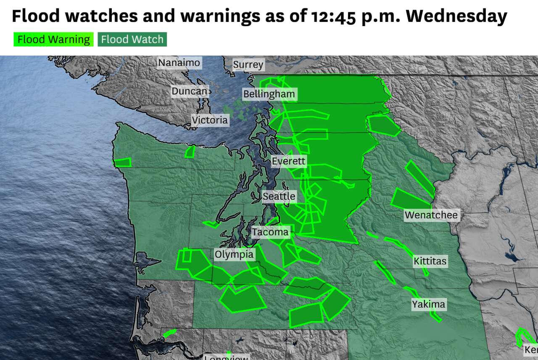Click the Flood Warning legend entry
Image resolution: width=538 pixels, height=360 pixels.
[x=53, y=40]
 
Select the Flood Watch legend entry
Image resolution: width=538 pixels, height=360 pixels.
[x=132, y=40]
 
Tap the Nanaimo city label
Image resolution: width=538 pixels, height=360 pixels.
[x=179, y=63]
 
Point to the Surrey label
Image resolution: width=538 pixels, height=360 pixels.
[x=248, y=65]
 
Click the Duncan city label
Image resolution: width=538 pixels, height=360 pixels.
[x=190, y=91]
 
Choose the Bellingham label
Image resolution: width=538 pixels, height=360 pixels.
[x=269, y=94]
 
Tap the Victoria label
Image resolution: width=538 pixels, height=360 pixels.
[x=210, y=120]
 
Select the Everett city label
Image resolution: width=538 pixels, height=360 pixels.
[x=289, y=161]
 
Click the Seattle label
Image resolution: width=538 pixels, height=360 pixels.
[x=279, y=196]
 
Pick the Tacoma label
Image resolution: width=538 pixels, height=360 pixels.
[x=270, y=232]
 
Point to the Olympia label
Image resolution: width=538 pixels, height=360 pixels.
[x=234, y=254]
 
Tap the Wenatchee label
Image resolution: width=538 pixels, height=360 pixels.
[x=431, y=215]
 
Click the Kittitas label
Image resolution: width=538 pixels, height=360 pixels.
[x=430, y=262]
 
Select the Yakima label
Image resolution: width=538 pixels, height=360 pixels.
[x=428, y=304]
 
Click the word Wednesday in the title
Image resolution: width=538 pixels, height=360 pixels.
[x=456, y=16]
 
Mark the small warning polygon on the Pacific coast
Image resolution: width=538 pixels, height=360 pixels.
[x=122, y=162]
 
